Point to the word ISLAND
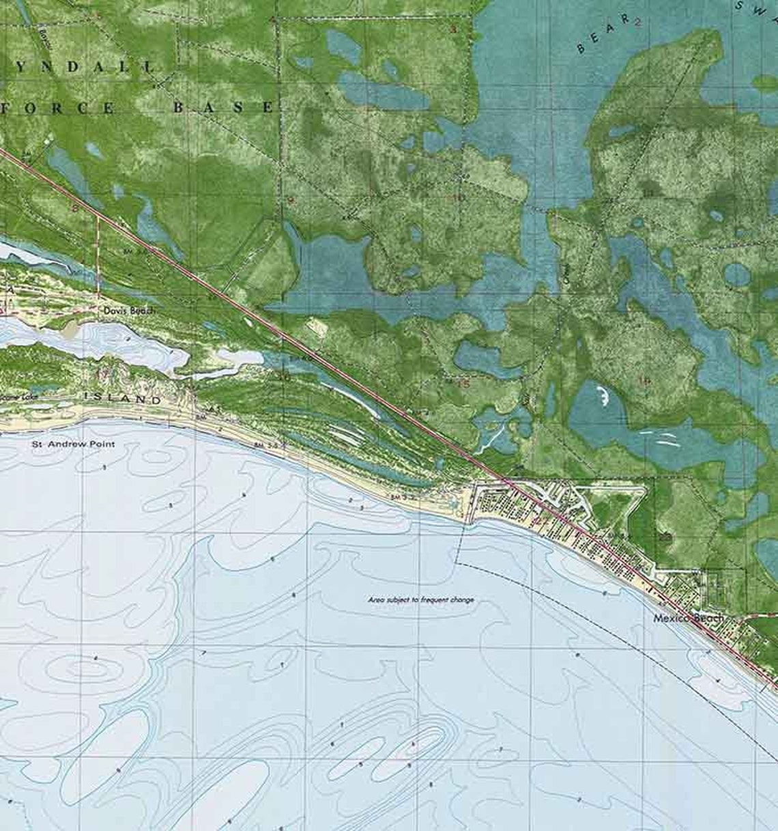[123, 399]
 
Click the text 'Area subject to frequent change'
[421, 600]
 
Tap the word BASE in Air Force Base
[222, 107]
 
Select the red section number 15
[464, 383]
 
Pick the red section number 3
[452, 29]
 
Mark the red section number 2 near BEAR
[638, 22]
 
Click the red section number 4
[273, 20]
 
